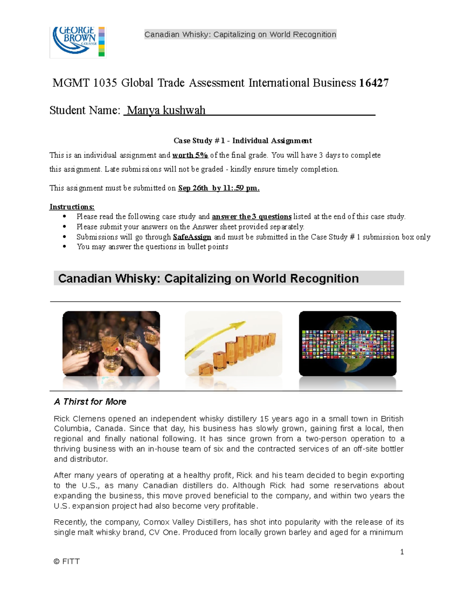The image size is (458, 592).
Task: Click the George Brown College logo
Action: pos(77,42)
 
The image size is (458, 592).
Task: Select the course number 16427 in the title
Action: pos(374,83)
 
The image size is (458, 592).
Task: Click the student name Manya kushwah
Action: pos(166,110)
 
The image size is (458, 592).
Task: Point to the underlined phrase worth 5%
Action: pos(190,155)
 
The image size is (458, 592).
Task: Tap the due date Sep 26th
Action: pos(193,188)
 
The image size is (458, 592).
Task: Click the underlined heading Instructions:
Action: pos(72,207)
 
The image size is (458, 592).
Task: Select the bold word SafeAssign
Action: pos(192,237)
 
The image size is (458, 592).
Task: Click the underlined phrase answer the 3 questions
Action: pos(252,217)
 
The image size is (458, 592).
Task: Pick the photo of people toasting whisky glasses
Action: pos(111,343)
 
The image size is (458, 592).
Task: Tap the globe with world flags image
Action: pos(347,343)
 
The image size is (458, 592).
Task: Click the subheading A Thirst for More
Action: pos(90,401)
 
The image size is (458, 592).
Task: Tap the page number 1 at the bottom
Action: pos(402,552)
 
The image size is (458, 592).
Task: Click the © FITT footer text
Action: pos(67,561)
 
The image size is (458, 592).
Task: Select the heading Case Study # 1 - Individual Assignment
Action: pos(243,141)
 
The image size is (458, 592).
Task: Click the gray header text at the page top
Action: pos(240,34)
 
